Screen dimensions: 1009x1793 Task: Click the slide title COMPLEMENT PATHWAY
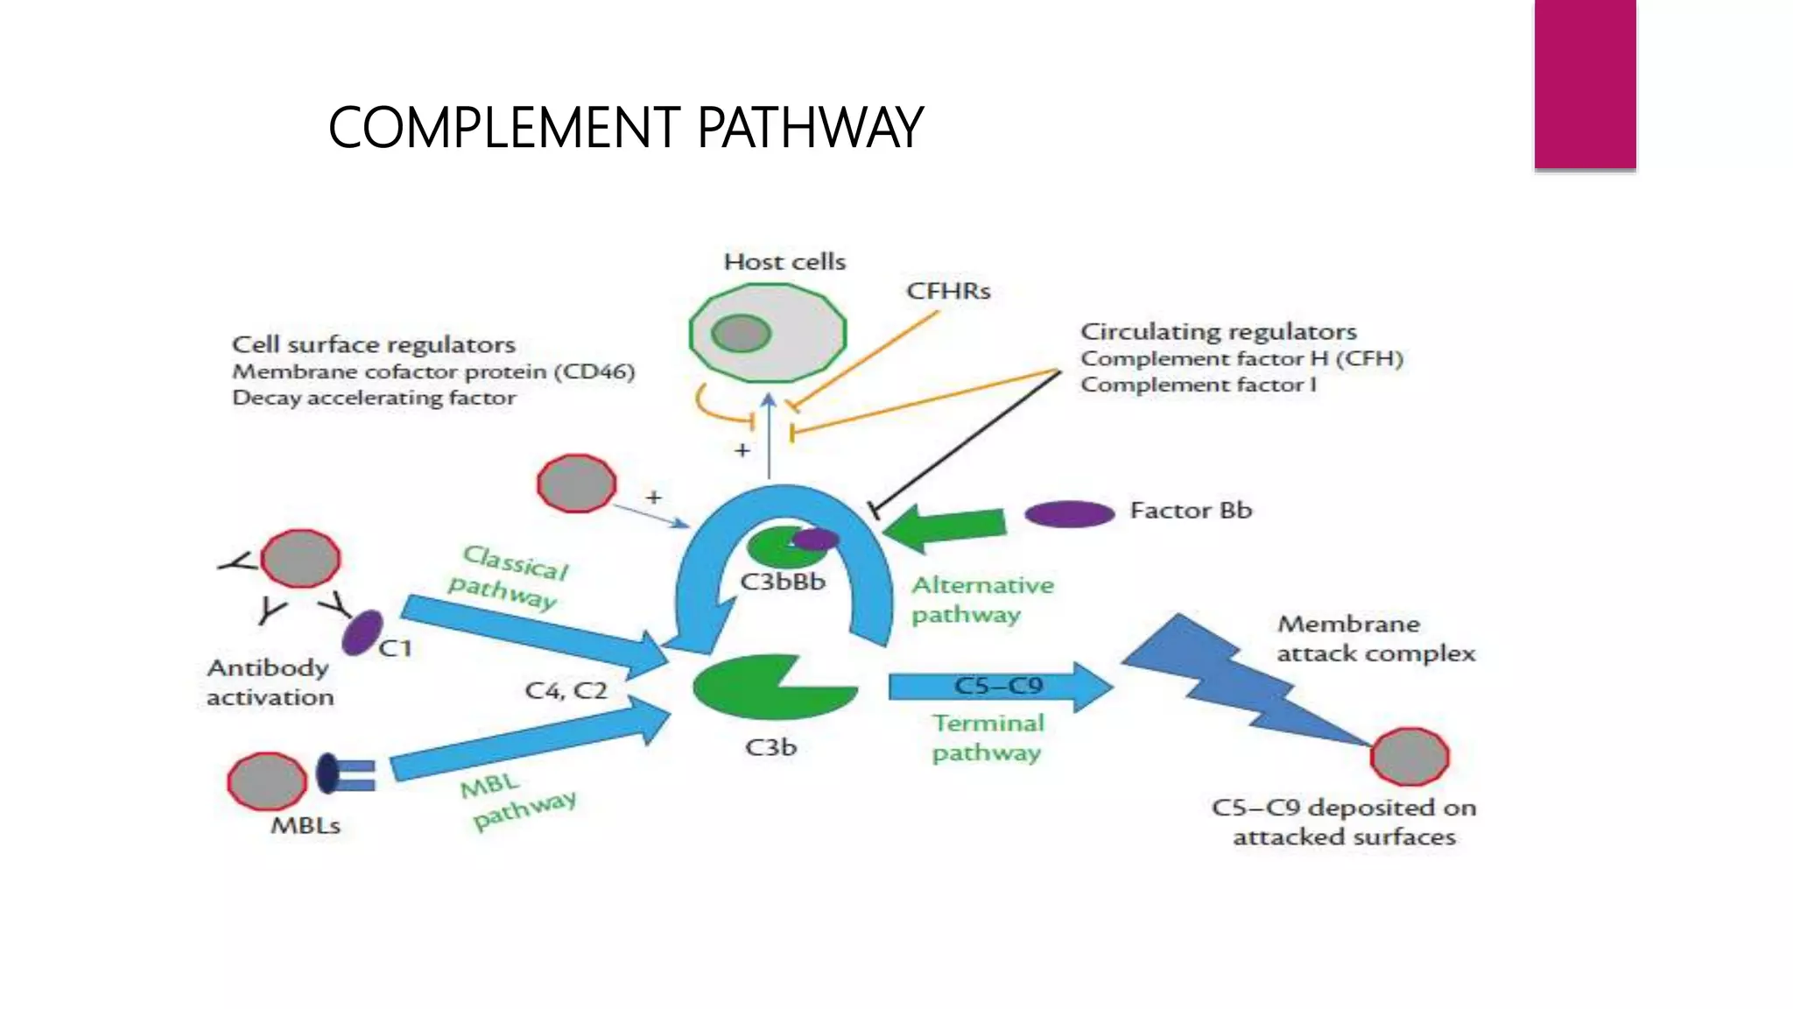[x=625, y=128]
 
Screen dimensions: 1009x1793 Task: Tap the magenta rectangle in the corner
[x=1585, y=83]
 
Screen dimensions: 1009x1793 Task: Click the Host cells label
[x=784, y=262]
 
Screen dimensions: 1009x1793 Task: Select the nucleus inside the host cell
[x=741, y=333]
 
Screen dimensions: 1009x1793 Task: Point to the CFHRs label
[x=948, y=291]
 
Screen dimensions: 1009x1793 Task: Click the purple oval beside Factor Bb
[x=1069, y=513]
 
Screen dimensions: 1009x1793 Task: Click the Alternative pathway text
[x=981, y=600]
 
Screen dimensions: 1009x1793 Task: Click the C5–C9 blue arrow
[x=998, y=686]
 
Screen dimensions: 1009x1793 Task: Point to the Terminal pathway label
[x=988, y=737]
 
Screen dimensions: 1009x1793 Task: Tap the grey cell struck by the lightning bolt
[x=1410, y=757]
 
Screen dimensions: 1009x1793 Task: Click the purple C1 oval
[x=362, y=633]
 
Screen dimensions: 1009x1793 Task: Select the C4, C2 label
[x=566, y=691]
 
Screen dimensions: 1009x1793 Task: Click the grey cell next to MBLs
[x=267, y=781]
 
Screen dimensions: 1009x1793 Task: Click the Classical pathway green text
[x=508, y=576]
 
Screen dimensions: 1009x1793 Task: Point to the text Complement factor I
[x=1198, y=385]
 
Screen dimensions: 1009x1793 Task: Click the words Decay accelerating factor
[x=374, y=399]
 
